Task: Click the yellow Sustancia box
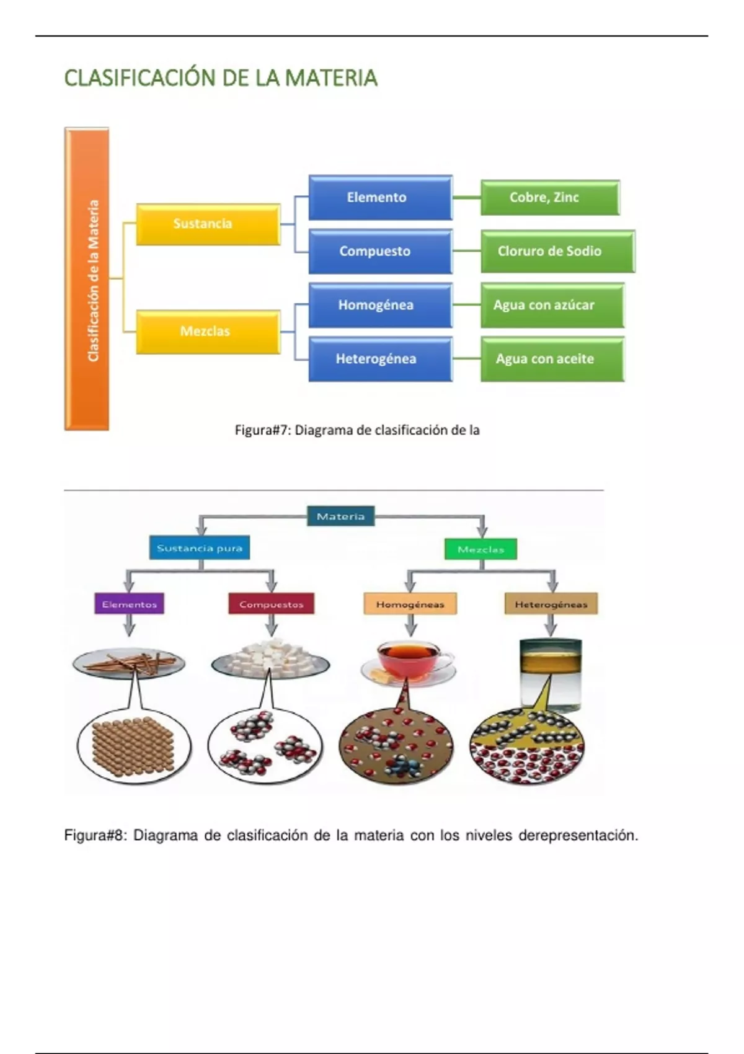click(x=208, y=224)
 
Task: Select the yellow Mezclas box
click(x=208, y=332)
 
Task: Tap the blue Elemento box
click(x=380, y=198)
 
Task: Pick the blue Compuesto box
click(x=380, y=251)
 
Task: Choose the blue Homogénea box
click(x=380, y=305)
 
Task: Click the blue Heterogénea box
click(x=380, y=359)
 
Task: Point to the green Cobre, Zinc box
click(x=550, y=198)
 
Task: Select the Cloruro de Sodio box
click(x=557, y=251)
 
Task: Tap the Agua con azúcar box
click(x=552, y=305)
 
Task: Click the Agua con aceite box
click(x=552, y=359)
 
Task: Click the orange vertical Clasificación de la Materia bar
click(x=87, y=279)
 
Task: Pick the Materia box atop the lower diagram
click(x=341, y=516)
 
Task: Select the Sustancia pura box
click(x=200, y=548)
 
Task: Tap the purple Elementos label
click(x=129, y=604)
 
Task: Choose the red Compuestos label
click(x=271, y=604)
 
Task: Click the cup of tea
click(x=408, y=662)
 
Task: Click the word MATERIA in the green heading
click(x=331, y=78)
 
